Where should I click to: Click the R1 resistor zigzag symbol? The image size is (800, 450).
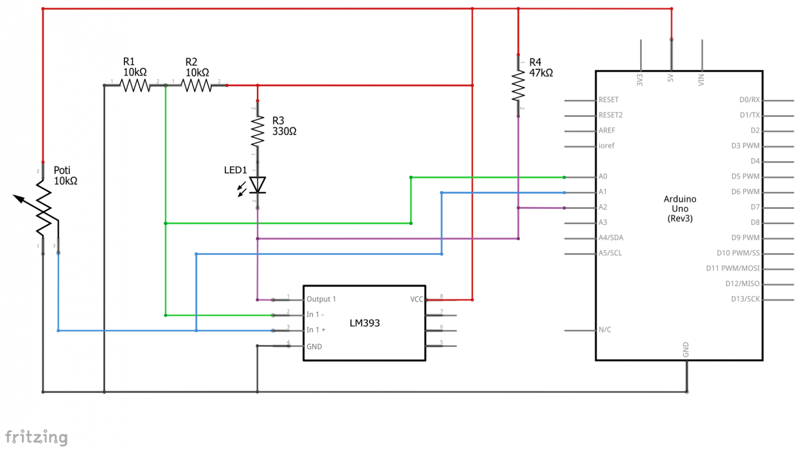[135, 85]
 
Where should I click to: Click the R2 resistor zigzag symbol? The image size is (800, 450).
[197, 85]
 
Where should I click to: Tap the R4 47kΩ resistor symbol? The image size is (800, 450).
[518, 85]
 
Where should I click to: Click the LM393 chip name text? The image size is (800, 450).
[365, 323]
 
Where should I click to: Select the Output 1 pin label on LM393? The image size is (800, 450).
[321, 299]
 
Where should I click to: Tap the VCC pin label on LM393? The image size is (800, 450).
[417, 299]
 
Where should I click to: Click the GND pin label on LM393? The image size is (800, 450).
[314, 346]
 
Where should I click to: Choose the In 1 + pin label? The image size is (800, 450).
[316, 330]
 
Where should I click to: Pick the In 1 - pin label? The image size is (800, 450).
[315, 315]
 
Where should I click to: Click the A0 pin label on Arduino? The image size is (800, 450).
[603, 177]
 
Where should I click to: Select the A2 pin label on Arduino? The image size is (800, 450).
[603, 207]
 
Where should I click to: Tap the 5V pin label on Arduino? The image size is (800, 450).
[670, 78]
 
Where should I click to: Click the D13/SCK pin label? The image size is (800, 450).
[745, 299]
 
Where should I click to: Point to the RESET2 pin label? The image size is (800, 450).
[610, 115]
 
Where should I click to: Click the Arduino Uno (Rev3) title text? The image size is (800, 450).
[680, 208]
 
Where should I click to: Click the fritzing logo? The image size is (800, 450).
[36, 437]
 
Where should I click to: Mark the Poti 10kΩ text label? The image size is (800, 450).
[66, 176]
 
